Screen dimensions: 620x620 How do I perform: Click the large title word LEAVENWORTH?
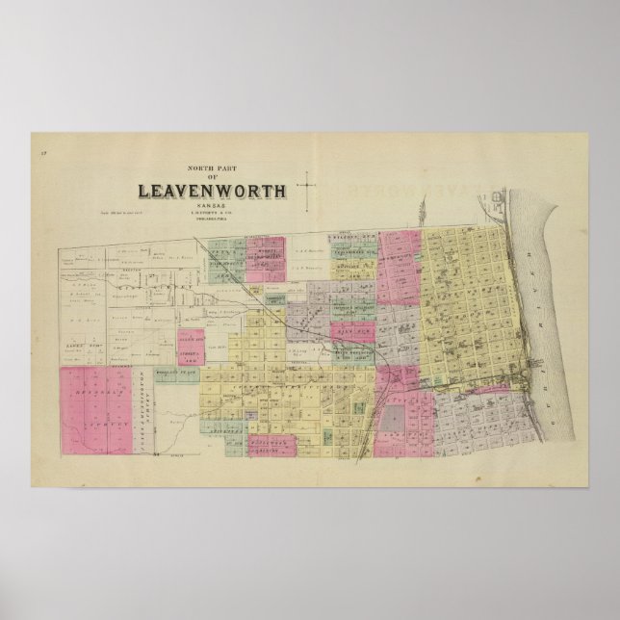click(213, 190)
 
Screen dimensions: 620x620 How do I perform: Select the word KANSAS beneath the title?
click(213, 204)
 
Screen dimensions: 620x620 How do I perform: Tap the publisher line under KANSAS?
click(213, 214)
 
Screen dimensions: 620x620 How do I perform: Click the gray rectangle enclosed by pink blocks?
click(394, 420)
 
